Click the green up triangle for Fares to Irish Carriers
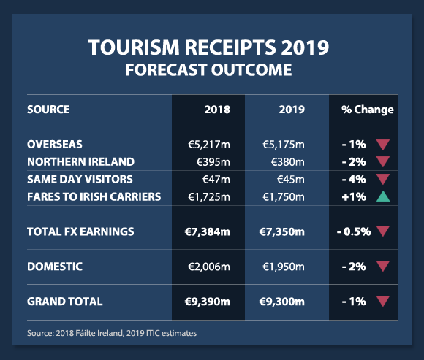pos(383,196)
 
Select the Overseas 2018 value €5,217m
pos(209,145)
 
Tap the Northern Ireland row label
pos(80,162)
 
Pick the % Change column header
pos(368,110)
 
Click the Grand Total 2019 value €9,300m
pos(281,302)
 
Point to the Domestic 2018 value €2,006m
pos(209,267)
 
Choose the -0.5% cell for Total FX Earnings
pos(354,231)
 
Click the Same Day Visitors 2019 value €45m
pos(291,180)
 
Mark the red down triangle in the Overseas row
pos(383,145)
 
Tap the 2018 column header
pos(217,110)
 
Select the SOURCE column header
pos(48,110)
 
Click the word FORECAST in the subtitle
pos(166,69)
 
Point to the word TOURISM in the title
pos(134,47)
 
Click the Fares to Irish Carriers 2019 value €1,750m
pos(284,197)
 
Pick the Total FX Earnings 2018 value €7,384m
pos(207,231)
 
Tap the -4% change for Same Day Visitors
pos(354,180)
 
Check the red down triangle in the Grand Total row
pos(383,301)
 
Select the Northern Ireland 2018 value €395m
pos(213,162)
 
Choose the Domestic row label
pos(55,267)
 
